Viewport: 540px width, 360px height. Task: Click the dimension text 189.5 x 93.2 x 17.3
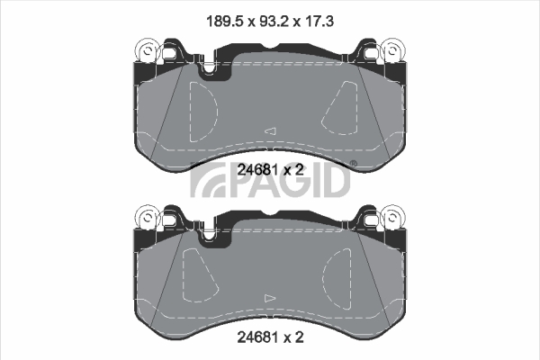[x=270, y=22]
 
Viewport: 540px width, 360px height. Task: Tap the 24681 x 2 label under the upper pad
[x=270, y=169]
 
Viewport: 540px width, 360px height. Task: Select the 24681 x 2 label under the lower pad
[x=270, y=337]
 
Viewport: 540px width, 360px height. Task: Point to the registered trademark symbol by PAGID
[x=354, y=163]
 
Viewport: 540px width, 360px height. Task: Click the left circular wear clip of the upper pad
[x=148, y=51]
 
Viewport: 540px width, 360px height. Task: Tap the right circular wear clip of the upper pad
[x=392, y=51]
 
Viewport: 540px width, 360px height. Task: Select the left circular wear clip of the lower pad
[x=148, y=218]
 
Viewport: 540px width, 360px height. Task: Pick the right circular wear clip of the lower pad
[x=392, y=218]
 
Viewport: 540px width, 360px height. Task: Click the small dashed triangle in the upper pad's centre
[x=271, y=130]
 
